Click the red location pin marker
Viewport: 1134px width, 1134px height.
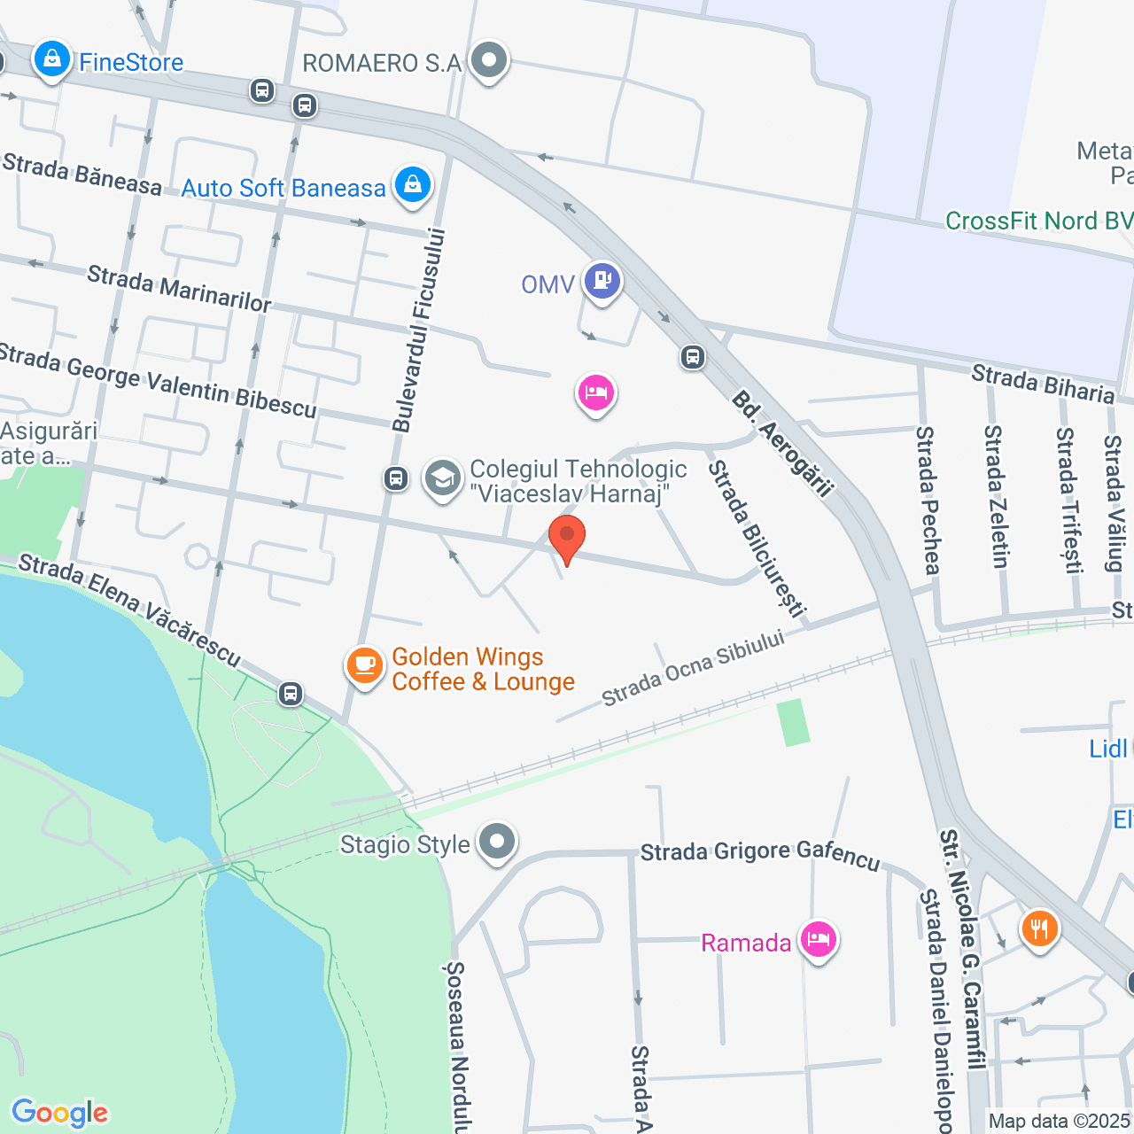[x=567, y=537]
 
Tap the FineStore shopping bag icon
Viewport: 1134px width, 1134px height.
[x=51, y=60]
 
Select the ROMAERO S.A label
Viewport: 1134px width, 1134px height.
[x=382, y=63]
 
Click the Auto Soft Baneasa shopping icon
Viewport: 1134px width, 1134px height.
[x=412, y=185]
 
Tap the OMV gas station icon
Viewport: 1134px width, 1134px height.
[x=602, y=281]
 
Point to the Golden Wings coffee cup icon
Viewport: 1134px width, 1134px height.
[x=364, y=665]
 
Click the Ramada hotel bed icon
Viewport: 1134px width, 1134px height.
[x=818, y=939]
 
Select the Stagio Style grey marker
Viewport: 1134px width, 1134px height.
[x=496, y=842]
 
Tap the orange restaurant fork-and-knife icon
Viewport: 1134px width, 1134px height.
[x=1038, y=929]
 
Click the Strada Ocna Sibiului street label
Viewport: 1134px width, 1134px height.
[x=693, y=668]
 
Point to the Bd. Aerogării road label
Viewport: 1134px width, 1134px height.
[x=783, y=444]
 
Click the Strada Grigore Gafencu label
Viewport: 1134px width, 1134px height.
[x=760, y=854]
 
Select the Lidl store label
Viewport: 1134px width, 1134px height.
[x=1107, y=749]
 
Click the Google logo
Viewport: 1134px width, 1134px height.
[x=60, y=1112]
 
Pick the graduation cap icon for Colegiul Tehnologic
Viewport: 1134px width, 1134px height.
[x=442, y=479]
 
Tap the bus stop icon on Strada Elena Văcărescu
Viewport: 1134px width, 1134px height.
[x=291, y=694]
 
